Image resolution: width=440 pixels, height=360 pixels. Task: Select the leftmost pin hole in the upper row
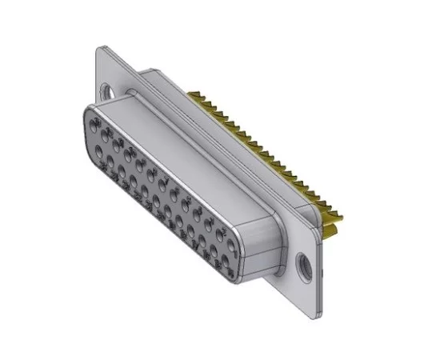point(97,129)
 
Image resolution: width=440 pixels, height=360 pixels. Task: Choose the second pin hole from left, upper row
point(107,137)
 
